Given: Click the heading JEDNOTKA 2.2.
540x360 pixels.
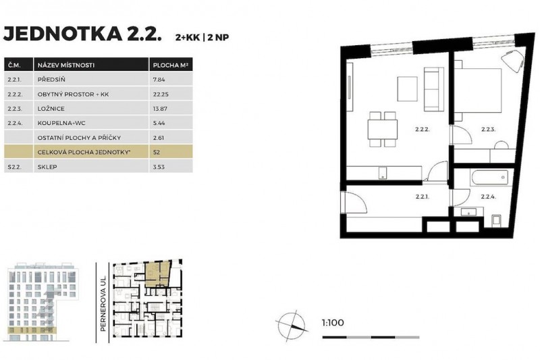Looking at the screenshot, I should pyautogui.click(x=83, y=34).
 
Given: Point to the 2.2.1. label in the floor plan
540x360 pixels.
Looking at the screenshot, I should pyautogui.click(x=423, y=197).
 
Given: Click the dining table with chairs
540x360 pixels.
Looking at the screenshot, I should pyautogui.click(x=381, y=127).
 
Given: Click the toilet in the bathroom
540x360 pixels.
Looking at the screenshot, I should pyautogui.click(x=496, y=221).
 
